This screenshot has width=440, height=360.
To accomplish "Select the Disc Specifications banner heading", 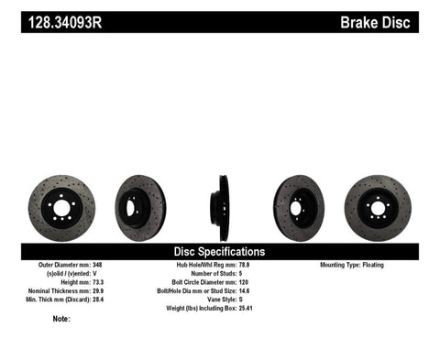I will (219, 250).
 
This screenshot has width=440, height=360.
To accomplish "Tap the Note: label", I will (61, 320).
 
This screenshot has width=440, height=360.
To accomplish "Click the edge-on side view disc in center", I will (221, 203).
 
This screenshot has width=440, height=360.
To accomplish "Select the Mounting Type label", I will (343, 265).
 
